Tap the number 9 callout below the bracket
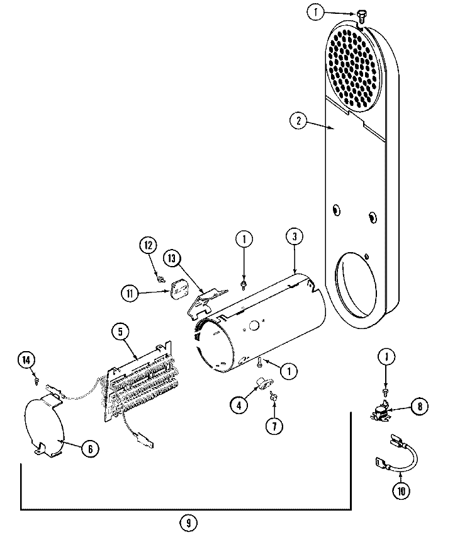187,522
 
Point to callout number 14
25,360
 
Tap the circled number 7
274,425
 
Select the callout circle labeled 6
90,449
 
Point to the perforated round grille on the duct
357,66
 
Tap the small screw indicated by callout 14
37,380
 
